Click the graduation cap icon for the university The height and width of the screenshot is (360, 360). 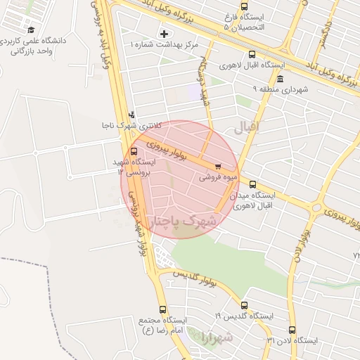coord(32,30)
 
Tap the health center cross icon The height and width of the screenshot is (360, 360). coord(165,33)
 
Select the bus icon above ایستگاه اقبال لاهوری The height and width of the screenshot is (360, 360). coord(252,54)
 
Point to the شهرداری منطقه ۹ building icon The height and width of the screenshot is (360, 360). coord(280,79)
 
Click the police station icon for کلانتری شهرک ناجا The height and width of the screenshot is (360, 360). coord(131,115)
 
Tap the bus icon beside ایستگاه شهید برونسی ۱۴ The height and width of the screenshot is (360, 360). coord(134,151)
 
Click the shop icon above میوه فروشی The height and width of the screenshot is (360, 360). coord(218,167)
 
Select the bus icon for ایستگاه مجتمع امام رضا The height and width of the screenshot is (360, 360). coord(163,309)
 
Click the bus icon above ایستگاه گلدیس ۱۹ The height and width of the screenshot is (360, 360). coord(244,306)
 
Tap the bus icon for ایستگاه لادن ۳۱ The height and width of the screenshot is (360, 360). coord(292,329)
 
